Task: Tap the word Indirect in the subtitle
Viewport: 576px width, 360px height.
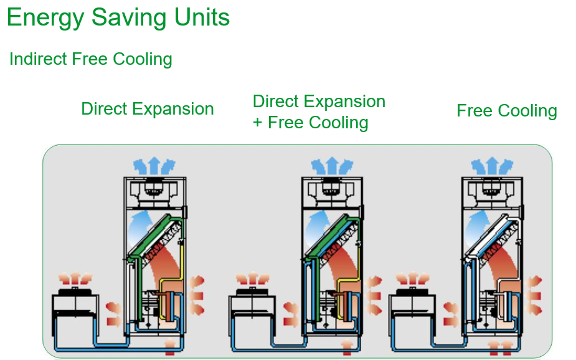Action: point(39,59)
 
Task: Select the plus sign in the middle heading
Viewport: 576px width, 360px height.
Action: point(258,123)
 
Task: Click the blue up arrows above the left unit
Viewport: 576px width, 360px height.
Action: point(154,166)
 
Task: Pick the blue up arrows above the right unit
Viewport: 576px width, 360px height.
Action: point(491,166)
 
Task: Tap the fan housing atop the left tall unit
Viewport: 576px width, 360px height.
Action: point(154,189)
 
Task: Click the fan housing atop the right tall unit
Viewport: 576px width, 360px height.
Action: point(491,189)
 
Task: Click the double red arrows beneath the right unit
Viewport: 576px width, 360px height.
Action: point(501,346)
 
